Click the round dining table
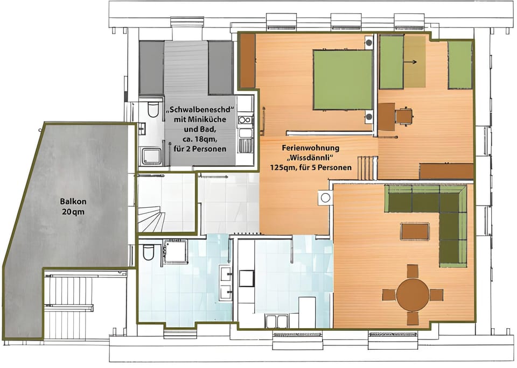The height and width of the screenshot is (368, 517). pos(413,294)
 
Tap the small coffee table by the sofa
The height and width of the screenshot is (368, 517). pos(415,231)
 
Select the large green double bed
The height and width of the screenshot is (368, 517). pos(343,80)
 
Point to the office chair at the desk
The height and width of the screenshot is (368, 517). pos(404,115)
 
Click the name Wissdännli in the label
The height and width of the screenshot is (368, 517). pos(311,157)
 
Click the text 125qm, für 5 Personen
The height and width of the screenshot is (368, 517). pos(311,167)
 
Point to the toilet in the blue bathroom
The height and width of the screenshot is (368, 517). pos(148,252)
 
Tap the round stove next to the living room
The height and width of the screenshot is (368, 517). pos(325,197)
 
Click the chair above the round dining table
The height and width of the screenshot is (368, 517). pos(413,271)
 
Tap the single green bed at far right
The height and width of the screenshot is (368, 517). pos(460,65)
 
